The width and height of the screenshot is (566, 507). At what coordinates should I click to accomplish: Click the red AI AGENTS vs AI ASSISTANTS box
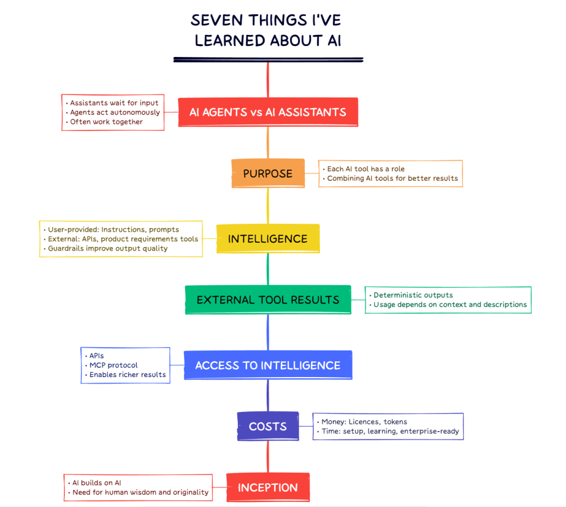[268, 112]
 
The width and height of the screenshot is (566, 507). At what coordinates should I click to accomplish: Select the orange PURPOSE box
[268, 174]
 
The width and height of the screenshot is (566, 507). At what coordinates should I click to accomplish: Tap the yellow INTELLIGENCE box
[268, 239]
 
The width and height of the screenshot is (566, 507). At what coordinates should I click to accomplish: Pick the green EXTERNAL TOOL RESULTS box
[268, 300]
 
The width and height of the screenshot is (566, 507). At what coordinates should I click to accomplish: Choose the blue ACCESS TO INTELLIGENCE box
[268, 365]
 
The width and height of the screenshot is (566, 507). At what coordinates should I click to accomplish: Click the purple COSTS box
[268, 426]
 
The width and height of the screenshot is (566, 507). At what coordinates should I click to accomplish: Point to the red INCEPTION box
[268, 488]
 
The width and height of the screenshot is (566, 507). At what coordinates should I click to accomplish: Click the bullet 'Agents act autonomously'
[115, 112]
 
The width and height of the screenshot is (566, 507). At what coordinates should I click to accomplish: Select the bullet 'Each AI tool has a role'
[366, 169]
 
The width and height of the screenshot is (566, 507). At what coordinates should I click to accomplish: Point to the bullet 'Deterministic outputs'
[413, 295]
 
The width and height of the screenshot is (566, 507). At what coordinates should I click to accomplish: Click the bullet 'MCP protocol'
[113, 365]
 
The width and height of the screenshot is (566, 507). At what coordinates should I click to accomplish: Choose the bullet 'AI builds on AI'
[97, 483]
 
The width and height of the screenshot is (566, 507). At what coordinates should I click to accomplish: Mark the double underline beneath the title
[268, 59]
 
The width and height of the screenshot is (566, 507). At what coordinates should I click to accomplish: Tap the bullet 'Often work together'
[106, 122]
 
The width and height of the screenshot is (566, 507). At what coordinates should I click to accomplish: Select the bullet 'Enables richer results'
[127, 374]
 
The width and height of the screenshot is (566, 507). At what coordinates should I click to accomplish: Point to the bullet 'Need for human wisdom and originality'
[141, 492]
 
